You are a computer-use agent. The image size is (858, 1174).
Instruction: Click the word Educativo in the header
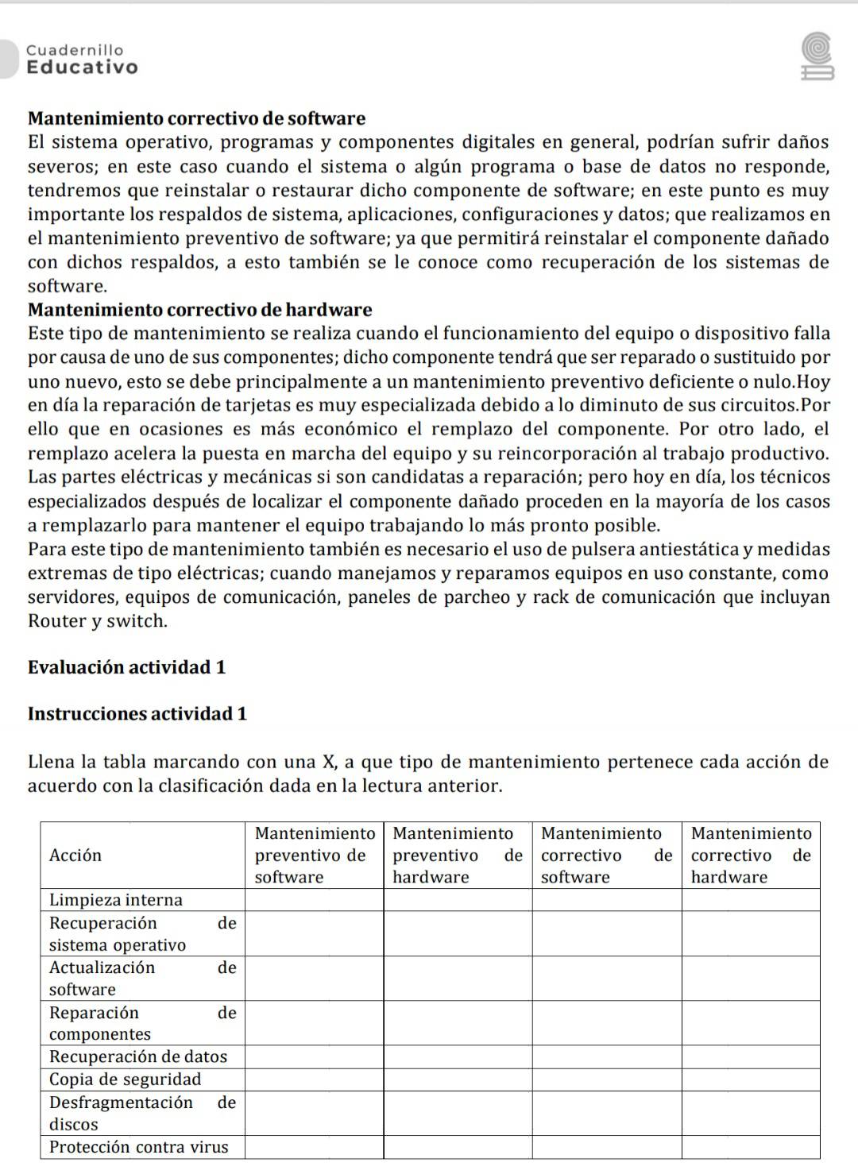83,68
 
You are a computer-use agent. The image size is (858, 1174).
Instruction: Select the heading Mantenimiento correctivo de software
196,119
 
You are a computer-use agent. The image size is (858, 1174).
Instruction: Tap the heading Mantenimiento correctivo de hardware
199,310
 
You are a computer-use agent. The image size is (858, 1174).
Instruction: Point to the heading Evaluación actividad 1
126,667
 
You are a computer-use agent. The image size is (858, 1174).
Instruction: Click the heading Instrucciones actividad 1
137,714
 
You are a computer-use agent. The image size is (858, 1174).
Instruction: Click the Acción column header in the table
75,855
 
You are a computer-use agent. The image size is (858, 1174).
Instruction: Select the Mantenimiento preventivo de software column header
314,855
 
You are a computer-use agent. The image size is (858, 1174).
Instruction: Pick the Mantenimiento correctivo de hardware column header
751,855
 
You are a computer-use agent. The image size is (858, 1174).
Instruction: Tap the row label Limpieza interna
116,900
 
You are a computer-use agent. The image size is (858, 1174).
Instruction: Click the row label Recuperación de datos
138,1056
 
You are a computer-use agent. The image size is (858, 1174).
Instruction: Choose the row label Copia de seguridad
126,1079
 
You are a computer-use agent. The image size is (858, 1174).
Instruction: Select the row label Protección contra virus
139,1147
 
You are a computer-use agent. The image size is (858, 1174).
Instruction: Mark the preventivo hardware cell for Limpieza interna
458,900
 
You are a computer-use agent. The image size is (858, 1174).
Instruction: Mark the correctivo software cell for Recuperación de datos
607,1056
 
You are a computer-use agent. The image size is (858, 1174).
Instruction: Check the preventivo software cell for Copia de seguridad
314,1079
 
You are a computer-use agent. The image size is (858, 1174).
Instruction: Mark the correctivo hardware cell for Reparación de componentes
751,1023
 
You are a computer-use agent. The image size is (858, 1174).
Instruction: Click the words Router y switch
98,621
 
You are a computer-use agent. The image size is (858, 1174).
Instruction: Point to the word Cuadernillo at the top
75,50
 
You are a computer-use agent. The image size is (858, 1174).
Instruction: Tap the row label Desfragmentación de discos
142,1113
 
